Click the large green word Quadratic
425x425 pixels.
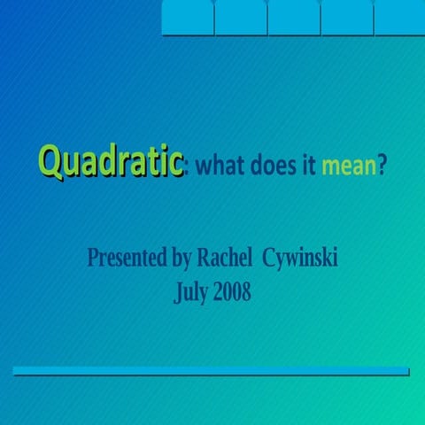pos(111,163)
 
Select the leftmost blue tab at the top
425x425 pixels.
pos(188,18)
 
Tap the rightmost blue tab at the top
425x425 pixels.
pos(399,18)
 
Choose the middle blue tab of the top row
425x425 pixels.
pos(293,18)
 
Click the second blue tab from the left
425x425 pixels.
pos(240,18)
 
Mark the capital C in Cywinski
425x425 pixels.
pos(270,258)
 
